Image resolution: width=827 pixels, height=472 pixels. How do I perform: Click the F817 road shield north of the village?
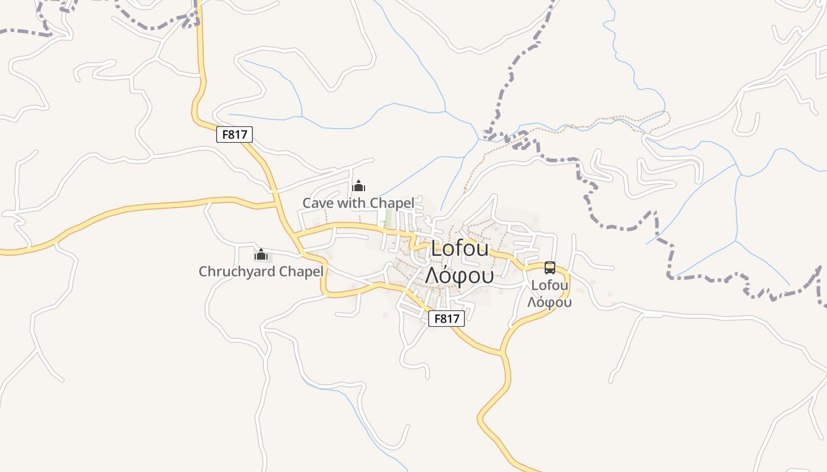235,135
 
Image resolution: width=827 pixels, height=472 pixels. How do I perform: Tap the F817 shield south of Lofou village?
446,319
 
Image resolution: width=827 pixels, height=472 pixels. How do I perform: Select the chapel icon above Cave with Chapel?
359,186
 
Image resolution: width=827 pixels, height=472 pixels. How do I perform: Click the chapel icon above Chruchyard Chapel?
261,255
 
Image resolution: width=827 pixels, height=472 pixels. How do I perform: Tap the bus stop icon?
550,268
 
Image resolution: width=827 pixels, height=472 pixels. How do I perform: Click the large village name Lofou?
460,249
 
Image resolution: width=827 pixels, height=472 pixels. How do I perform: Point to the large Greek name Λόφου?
459,275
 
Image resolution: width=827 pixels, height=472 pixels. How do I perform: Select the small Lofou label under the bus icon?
549,286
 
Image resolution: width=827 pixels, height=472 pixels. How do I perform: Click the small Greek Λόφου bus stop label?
549,303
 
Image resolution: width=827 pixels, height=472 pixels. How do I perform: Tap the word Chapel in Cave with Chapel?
392,203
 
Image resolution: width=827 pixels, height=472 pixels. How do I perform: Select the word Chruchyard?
236,272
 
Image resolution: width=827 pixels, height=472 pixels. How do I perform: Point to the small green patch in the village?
388,217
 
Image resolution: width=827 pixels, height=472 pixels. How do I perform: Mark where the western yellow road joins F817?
276,204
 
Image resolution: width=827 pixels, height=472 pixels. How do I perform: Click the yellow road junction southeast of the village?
503,353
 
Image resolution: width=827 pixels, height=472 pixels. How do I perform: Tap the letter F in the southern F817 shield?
437,319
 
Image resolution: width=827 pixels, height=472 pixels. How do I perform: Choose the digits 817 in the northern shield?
237,135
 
